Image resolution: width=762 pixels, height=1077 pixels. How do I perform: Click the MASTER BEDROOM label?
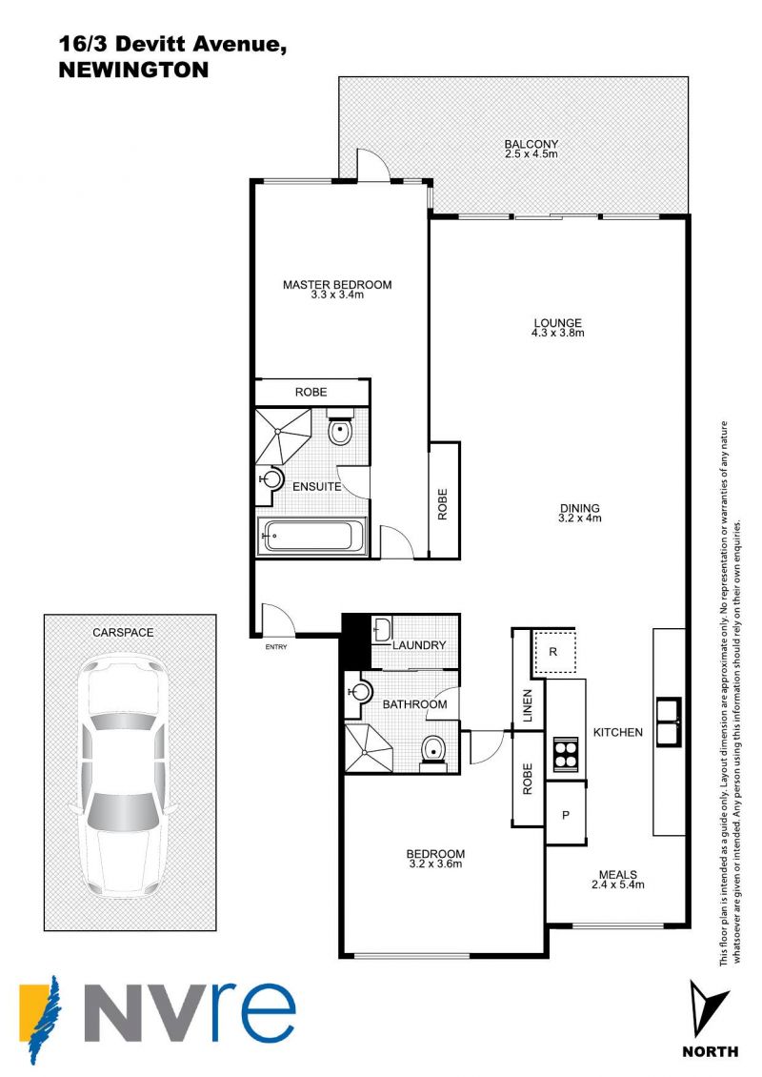click(x=337, y=284)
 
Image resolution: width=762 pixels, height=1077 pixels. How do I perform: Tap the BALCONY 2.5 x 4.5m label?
click(x=531, y=149)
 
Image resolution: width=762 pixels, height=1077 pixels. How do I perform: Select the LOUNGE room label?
click(x=558, y=323)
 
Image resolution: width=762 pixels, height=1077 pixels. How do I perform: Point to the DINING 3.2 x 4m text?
click(x=580, y=514)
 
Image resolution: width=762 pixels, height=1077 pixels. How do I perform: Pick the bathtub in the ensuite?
click(x=312, y=535)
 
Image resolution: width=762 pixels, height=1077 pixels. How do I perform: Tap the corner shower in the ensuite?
click(x=282, y=436)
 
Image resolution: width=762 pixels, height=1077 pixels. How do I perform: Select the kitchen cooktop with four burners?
click(x=567, y=754)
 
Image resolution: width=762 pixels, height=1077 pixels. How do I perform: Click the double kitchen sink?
click(x=669, y=721)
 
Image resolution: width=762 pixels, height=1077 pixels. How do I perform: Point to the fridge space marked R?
click(x=554, y=653)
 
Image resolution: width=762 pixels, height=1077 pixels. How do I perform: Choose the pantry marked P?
click(x=566, y=815)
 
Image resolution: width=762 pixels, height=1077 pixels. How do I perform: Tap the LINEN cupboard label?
click(x=528, y=705)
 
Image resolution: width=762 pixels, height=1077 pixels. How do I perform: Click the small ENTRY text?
click(x=276, y=647)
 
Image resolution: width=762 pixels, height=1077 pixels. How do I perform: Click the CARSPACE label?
click(x=123, y=633)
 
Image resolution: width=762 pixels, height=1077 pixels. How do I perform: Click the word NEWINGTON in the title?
click(x=134, y=71)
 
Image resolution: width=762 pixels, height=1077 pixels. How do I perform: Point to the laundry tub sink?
click(x=382, y=629)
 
